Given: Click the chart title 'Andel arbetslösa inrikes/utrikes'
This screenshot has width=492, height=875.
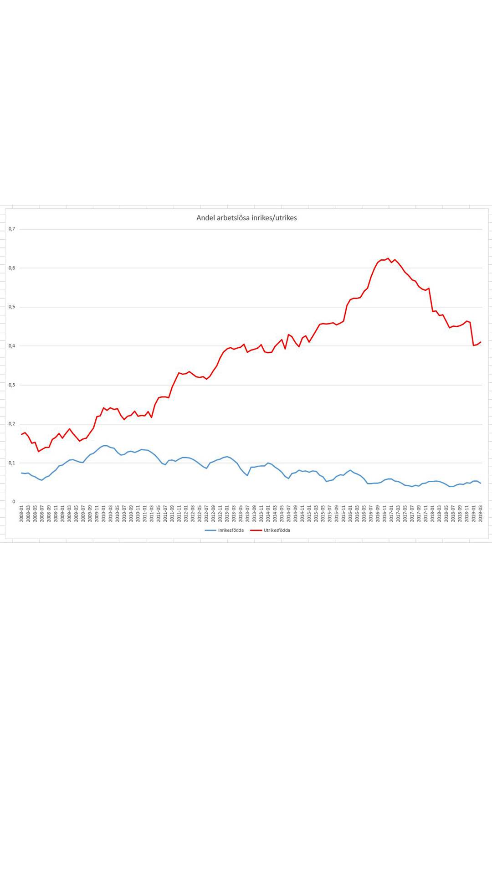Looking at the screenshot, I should pyautogui.click(x=246, y=218).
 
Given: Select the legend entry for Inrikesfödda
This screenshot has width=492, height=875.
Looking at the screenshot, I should pyautogui.click(x=224, y=530).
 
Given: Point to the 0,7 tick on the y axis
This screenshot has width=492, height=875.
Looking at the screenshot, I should pyautogui.click(x=12, y=229).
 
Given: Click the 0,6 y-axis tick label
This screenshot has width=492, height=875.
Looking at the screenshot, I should pyautogui.click(x=12, y=268).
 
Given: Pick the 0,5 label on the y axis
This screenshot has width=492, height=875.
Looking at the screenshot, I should pyautogui.click(x=12, y=307).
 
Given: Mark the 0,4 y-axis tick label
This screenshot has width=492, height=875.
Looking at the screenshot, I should pyautogui.click(x=12, y=346).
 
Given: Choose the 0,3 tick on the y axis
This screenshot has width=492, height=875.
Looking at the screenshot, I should pyautogui.click(x=12, y=385).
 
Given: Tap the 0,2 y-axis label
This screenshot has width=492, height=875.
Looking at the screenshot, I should pyautogui.click(x=12, y=424).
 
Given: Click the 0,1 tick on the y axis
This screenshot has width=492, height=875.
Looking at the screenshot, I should pyautogui.click(x=12, y=463).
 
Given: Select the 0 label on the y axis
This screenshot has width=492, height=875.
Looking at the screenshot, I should pyautogui.click(x=14, y=502).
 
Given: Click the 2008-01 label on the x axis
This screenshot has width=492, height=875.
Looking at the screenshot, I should pyautogui.click(x=21, y=514).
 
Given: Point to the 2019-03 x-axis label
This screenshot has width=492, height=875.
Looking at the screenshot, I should pyautogui.click(x=481, y=514).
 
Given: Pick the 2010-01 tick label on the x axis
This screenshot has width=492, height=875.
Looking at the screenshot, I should pyautogui.click(x=103, y=514).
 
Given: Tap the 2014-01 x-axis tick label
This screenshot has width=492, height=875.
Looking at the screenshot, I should pyautogui.click(x=268, y=514).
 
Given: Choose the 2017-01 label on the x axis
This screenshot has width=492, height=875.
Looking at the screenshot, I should pyautogui.click(x=391, y=514).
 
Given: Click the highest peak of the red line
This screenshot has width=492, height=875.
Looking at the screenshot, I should pyautogui.click(x=388, y=258).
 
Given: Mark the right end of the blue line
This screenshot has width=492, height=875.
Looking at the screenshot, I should pyautogui.click(x=481, y=483).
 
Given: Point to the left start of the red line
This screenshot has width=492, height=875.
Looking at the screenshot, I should pyautogui.click(x=21, y=434).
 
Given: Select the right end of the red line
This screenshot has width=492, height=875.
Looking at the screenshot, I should pyautogui.click(x=481, y=342).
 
